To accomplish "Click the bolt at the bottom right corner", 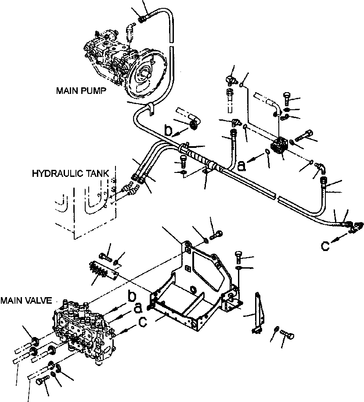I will pos(288,336).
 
